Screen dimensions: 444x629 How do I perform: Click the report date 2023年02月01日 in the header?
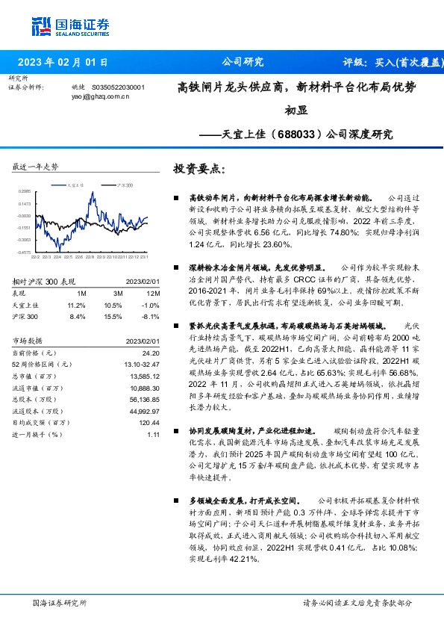[63, 63]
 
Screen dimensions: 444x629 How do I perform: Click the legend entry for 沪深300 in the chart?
[125, 184]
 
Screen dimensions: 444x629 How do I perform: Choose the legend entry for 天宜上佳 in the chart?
[73, 184]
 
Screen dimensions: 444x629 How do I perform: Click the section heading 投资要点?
[198, 169]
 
